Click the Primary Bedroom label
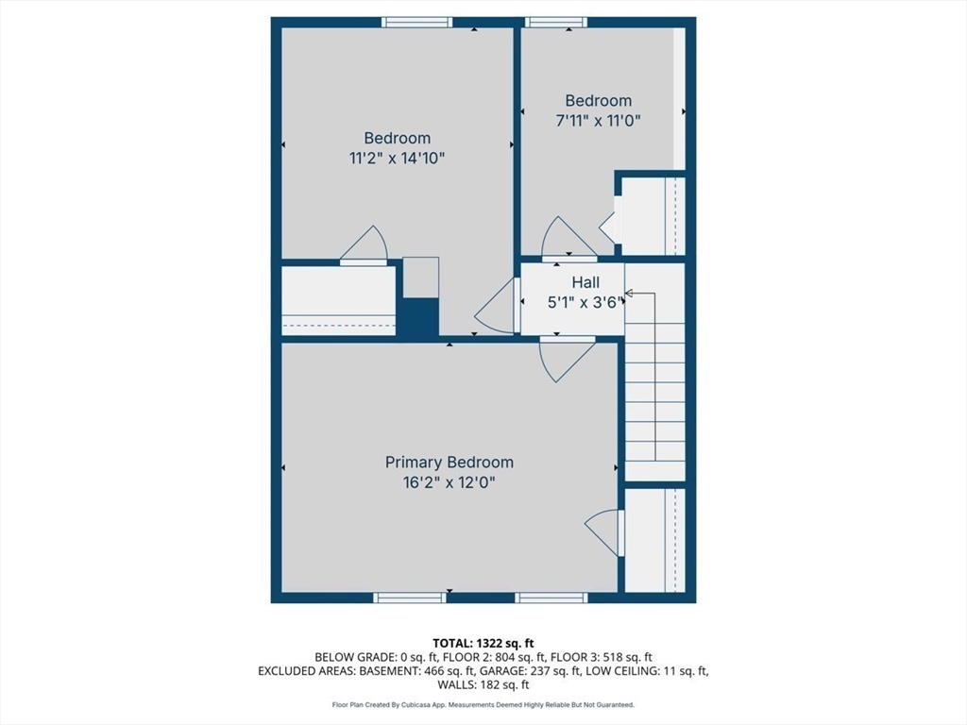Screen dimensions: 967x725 tap(449, 462)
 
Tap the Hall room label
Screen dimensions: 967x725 tap(585, 282)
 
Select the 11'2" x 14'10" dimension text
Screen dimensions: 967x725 tap(398, 159)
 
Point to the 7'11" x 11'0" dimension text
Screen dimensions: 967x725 tap(598, 120)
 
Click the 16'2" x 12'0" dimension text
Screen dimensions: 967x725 tap(449, 482)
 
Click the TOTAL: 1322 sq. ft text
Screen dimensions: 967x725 tap(483, 644)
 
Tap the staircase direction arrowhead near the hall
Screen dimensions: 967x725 tap(629, 294)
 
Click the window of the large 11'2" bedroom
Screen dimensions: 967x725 tap(416, 23)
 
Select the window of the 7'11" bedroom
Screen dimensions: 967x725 tap(556, 23)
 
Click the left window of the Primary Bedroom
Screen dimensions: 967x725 tap(410, 598)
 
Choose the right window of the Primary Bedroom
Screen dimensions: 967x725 tap(551, 598)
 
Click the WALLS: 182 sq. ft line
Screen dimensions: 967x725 tap(483, 684)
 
